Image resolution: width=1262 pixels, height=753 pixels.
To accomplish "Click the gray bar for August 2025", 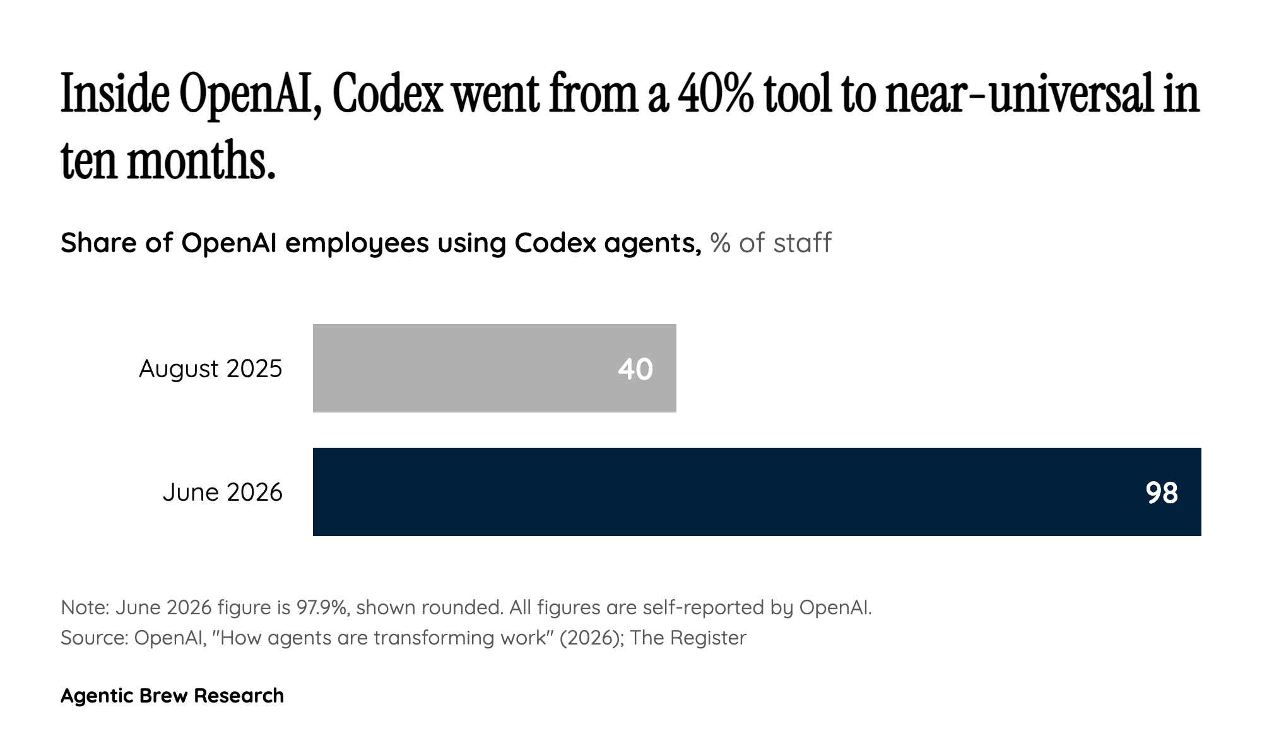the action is point(494,368).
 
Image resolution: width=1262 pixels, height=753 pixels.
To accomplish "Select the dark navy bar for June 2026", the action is point(757,492).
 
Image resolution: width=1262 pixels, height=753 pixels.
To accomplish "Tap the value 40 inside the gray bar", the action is point(635,370).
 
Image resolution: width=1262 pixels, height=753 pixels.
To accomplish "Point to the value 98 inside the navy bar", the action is point(1162,493).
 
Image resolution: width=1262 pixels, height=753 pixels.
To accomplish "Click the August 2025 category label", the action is point(211,369).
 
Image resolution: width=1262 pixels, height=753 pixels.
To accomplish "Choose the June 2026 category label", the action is point(223,492).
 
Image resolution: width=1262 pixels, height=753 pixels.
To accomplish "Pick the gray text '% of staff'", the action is point(771,243).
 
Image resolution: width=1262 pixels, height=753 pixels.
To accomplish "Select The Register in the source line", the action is point(688,638).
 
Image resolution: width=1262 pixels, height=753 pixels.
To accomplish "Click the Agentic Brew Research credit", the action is point(172,696).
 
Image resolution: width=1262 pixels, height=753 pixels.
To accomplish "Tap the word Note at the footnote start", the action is point(85,607).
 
